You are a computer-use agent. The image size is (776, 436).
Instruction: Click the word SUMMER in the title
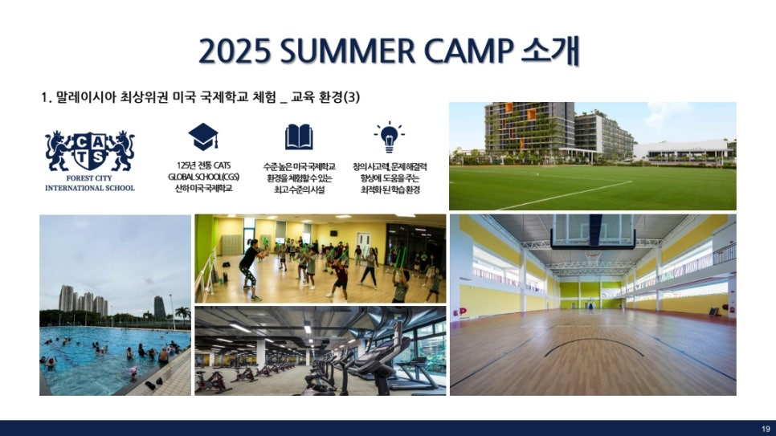(x=347, y=51)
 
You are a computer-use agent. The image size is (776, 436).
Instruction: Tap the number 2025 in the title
(x=235, y=51)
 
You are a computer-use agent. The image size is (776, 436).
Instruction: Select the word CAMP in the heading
(x=468, y=51)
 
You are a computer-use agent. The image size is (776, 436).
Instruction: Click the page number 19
(x=766, y=429)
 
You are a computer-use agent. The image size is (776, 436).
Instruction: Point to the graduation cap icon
(x=203, y=137)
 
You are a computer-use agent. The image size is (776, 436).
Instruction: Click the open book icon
(x=299, y=137)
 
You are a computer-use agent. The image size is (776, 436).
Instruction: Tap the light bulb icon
(x=389, y=137)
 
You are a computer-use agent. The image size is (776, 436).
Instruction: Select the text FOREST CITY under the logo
(x=89, y=178)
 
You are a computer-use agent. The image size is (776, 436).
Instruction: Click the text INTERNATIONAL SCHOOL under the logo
(x=90, y=188)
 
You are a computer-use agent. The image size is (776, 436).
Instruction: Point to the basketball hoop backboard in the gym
(x=592, y=230)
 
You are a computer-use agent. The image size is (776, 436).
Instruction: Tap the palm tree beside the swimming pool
(x=182, y=314)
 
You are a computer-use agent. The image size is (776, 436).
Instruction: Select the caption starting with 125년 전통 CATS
(x=203, y=177)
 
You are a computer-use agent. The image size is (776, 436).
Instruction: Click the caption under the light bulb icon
(x=390, y=178)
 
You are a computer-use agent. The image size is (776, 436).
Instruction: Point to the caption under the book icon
(x=299, y=178)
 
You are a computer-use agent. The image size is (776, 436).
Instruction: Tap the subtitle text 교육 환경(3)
(x=325, y=97)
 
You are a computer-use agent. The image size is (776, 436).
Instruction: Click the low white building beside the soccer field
(x=683, y=150)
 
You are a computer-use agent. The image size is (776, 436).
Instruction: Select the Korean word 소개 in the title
(x=550, y=51)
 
